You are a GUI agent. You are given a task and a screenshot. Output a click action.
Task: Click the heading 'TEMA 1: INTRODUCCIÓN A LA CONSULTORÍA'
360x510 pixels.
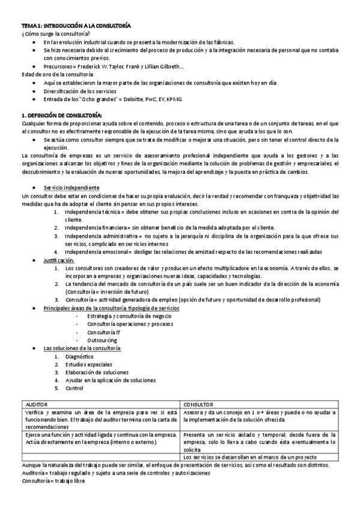[76, 27]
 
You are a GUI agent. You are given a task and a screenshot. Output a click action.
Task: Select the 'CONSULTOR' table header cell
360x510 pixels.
[201, 405]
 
